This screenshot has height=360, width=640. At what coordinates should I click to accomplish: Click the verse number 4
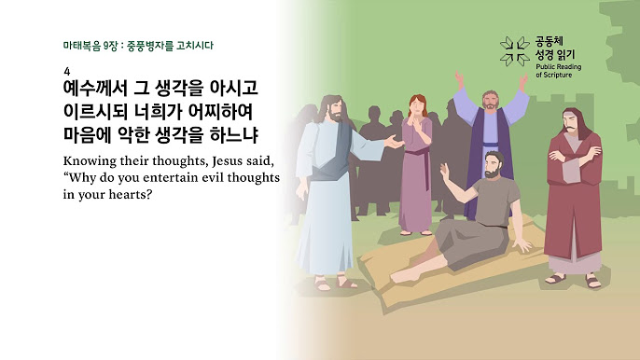(67, 72)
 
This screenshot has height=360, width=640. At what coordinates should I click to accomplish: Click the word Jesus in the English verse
(227, 161)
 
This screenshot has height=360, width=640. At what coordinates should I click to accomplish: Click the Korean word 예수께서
(95, 88)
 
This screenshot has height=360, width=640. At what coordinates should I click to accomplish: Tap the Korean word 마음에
(87, 135)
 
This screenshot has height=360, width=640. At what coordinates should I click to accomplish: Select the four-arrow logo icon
(515, 51)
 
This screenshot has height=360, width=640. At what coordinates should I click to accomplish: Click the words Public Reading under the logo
(558, 67)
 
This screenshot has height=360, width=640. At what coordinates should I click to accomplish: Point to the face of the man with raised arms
(490, 101)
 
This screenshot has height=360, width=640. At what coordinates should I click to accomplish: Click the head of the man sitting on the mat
(494, 164)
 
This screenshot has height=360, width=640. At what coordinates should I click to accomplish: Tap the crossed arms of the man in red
(575, 157)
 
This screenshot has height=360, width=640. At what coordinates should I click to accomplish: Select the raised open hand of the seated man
(444, 172)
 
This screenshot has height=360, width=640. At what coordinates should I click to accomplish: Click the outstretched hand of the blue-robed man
(394, 142)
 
